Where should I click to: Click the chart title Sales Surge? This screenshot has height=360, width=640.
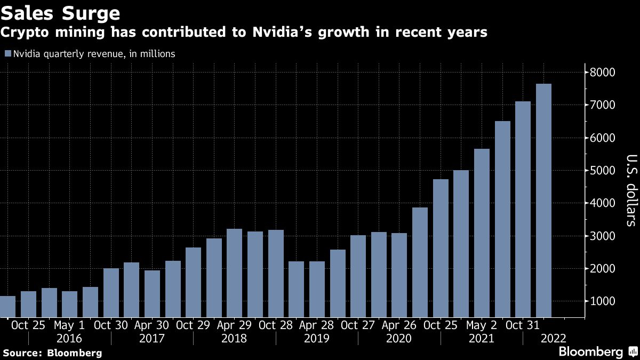coord(60,12)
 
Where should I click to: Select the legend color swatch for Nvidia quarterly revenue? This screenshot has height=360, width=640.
coord(7,54)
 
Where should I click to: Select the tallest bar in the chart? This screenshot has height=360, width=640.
coord(543,201)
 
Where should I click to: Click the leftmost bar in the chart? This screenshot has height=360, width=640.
coord(7,307)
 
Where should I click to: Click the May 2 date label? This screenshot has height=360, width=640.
coord(482,325)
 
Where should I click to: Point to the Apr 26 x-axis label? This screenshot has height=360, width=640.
coord(399,325)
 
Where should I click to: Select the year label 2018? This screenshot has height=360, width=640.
coord(234,339)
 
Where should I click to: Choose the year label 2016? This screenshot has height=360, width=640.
coord(69,339)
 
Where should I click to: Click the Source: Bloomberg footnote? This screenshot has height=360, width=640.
coord(52,353)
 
